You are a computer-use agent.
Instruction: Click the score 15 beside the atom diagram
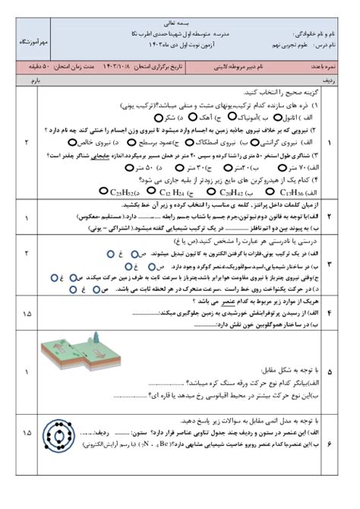pyautogui.click(x=27, y=432)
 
